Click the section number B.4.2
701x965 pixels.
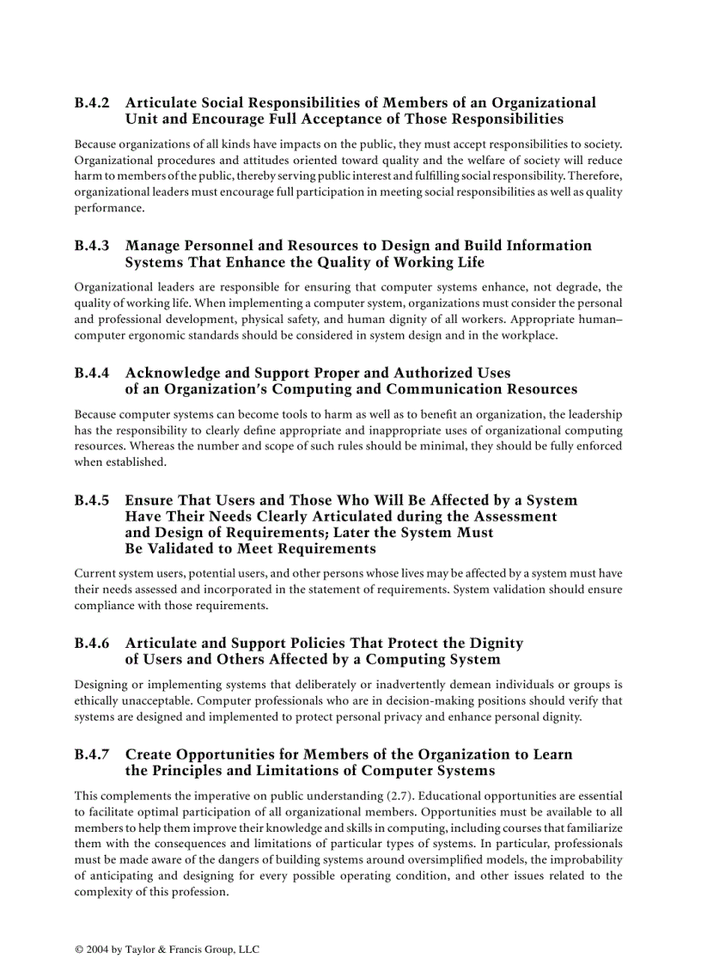(92, 103)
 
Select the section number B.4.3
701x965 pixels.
(92, 246)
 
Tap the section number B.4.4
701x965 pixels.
(92, 373)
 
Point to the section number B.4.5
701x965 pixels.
(92, 500)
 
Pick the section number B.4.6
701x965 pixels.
(92, 643)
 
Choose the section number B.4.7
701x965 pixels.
(92, 754)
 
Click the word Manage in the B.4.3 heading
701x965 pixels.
(153, 246)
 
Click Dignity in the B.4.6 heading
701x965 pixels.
(496, 643)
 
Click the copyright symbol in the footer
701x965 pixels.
(79, 950)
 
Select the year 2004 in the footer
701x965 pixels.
(99, 950)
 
